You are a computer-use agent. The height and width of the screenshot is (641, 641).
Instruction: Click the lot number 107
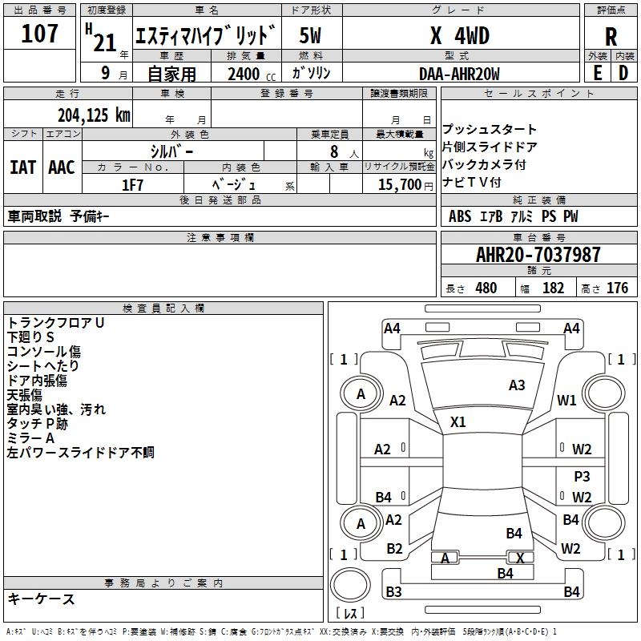(x=39, y=34)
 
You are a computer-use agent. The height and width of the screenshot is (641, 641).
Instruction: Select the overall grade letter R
(x=611, y=36)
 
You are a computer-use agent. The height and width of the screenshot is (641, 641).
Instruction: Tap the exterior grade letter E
(x=597, y=72)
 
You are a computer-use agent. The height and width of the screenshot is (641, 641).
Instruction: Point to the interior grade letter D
(x=623, y=72)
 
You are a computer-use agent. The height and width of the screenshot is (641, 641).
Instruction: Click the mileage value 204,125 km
(x=94, y=115)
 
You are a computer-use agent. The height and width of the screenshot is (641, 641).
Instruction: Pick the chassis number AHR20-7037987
(x=538, y=255)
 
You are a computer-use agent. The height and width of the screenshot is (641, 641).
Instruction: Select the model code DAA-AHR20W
(x=460, y=74)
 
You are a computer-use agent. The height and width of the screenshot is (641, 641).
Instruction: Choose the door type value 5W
(x=311, y=36)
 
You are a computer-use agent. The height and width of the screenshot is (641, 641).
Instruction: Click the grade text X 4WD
(x=459, y=36)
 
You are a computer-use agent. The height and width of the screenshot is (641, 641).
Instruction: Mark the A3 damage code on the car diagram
(x=517, y=385)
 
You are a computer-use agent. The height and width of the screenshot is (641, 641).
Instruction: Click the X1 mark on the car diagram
(x=458, y=421)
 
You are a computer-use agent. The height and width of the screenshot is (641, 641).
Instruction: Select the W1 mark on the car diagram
(x=567, y=401)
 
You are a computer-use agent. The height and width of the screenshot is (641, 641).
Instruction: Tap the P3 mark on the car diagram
(x=583, y=476)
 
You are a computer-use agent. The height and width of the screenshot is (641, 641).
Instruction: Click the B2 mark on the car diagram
(x=394, y=549)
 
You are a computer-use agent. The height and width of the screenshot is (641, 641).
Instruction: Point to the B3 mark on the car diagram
(x=393, y=592)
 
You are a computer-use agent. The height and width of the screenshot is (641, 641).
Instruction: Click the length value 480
(x=486, y=288)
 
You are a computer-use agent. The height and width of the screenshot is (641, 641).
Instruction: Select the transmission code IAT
(x=22, y=167)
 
